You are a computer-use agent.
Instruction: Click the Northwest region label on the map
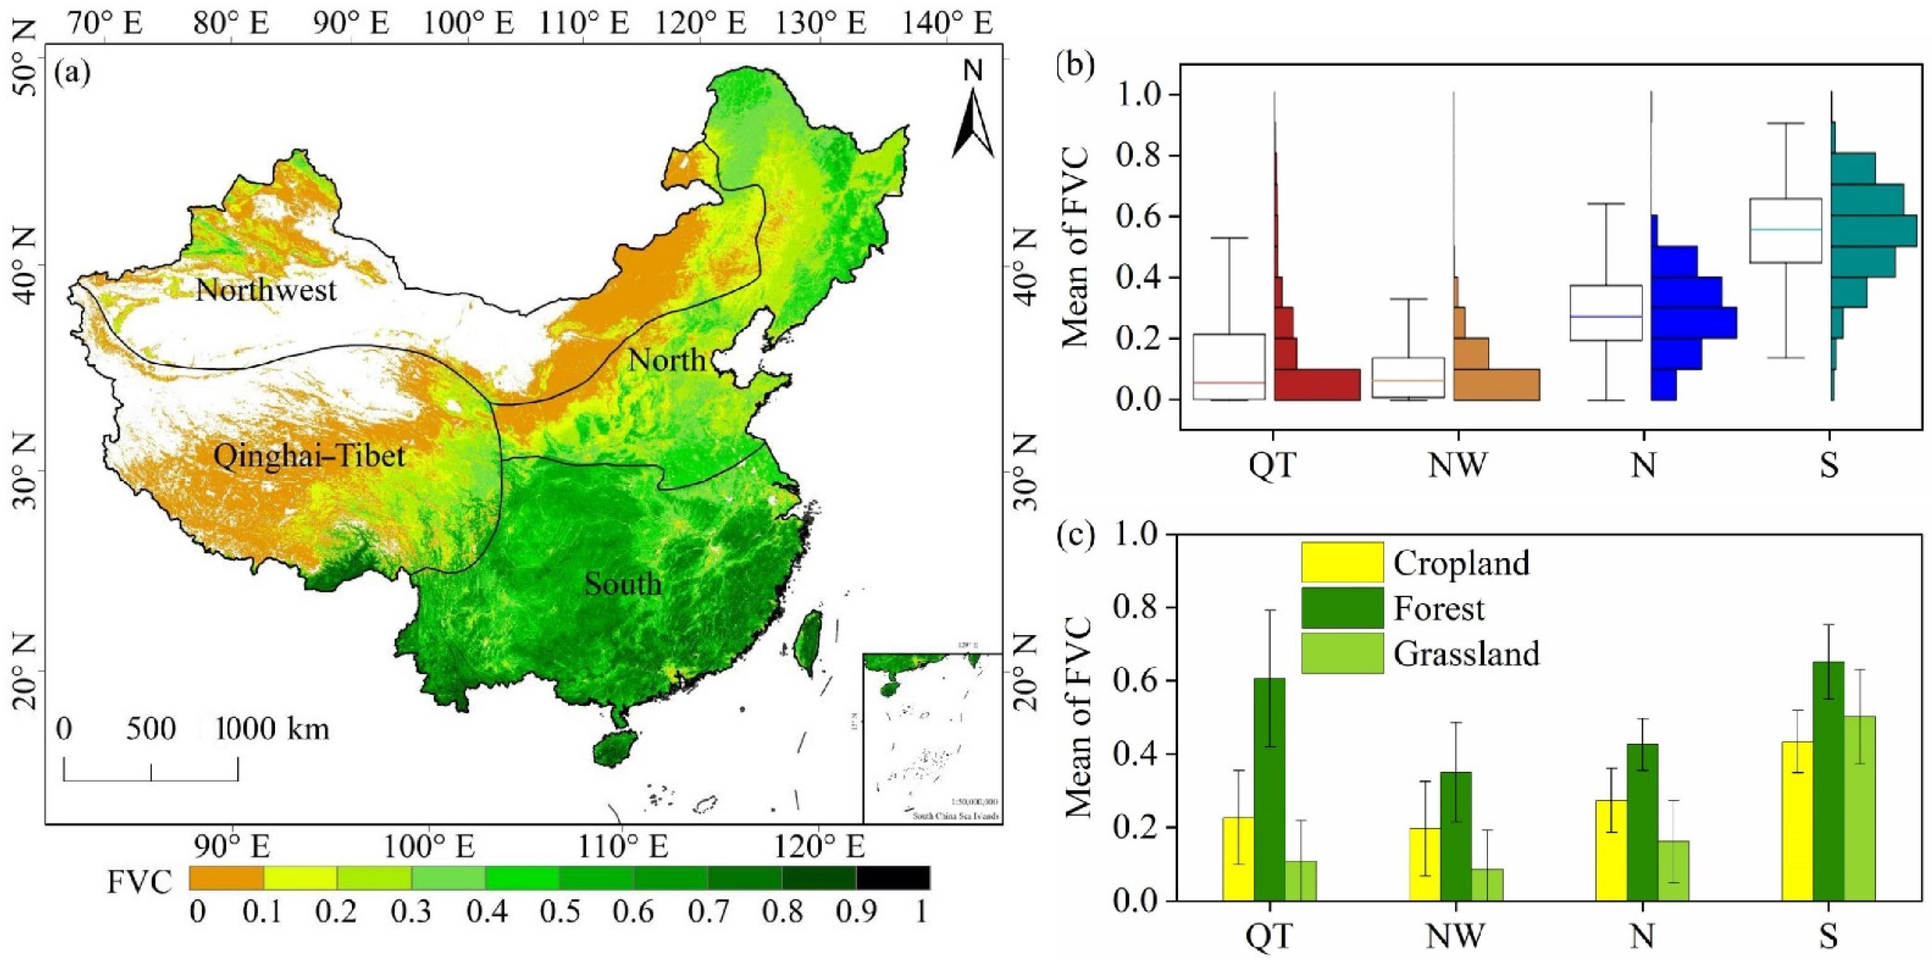tap(266, 290)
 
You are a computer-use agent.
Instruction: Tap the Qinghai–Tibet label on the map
tap(309, 455)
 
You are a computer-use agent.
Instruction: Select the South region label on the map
tap(623, 584)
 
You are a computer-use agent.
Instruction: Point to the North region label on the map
tap(667, 361)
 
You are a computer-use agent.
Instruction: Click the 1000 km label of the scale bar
tap(273, 729)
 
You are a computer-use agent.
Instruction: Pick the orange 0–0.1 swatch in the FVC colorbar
tap(227, 878)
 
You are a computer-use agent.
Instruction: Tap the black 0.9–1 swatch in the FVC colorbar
tap(893, 878)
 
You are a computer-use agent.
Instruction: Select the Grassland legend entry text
tap(1466, 654)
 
